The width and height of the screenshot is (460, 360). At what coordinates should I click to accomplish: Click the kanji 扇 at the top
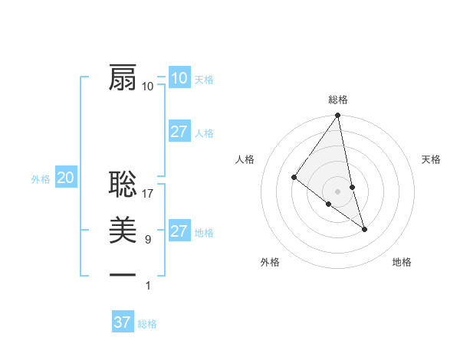pos(123,77)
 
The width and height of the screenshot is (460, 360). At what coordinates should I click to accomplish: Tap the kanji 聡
pos(123,186)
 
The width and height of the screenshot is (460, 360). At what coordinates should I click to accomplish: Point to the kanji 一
pos(123,274)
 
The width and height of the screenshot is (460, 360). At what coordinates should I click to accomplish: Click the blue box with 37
pos(122,322)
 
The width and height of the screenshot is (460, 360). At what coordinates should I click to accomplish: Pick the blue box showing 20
pos(65,178)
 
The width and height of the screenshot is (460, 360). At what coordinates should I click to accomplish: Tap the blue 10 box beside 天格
pos(179,78)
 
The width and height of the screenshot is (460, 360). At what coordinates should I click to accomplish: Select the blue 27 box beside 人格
pos(179,132)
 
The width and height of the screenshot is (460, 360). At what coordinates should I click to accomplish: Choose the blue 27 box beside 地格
pos(179,231)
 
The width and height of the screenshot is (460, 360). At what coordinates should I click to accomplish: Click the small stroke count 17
pos(148,195)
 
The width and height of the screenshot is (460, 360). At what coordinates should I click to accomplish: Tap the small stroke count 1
pos(148,286)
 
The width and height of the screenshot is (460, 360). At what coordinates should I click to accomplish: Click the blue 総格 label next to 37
pos(147,324)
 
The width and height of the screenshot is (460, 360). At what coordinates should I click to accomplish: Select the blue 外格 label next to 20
pos(41,179)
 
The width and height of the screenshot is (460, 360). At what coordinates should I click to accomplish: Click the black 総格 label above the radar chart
pos(338,100)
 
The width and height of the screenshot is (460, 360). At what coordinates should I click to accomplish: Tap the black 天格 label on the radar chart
pos(431,159)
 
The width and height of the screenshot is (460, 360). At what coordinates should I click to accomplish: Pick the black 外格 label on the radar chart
pos(270,262)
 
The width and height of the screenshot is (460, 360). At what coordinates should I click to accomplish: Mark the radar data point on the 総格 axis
pos(337,116)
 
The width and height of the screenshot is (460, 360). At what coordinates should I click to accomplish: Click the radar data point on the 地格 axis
pos(364,229)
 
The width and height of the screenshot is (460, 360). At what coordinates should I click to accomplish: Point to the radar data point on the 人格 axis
pos(294,177)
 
